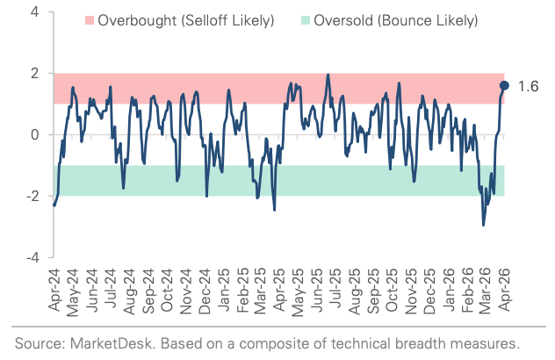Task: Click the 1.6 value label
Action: [x=527, y=86]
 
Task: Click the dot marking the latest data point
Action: [x=504, y=85]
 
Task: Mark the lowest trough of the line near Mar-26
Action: [x=483, y=226]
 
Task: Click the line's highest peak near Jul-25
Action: [x=328, y=75]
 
